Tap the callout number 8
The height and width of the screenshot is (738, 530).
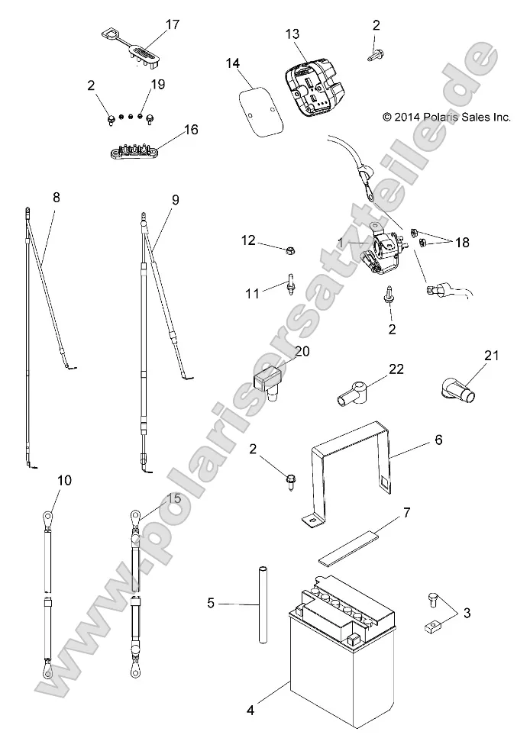point(56,197)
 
